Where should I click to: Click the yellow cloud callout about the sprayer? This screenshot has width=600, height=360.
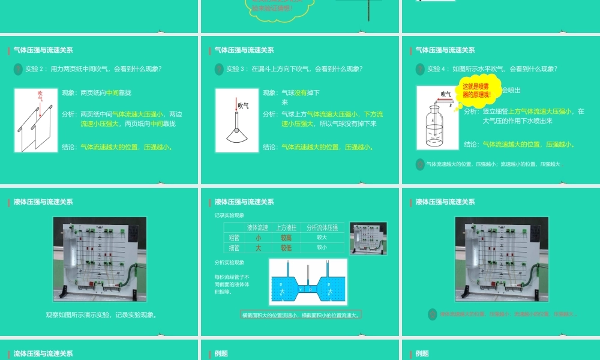[x=481, y=91]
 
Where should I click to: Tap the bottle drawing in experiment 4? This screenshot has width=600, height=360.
[x=436, y=127]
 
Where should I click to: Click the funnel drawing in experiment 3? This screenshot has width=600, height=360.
[x=235, y=127]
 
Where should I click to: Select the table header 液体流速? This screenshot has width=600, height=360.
[x=257, y=227]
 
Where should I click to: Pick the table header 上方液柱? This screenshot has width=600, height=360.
[x=287, y=227]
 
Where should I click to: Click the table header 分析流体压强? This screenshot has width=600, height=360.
[x=322, y=227]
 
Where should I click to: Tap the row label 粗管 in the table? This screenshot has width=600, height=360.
[x=234, y=238]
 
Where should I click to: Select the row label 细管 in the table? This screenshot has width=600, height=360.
[x=234, y=247]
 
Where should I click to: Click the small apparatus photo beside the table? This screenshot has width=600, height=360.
[x=368, y=238]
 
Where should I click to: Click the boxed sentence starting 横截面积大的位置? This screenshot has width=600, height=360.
[x=301, y=315]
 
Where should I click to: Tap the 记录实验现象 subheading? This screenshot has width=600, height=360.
[x=229, y=215]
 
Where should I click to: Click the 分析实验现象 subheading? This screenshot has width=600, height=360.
[x=229, y=262]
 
